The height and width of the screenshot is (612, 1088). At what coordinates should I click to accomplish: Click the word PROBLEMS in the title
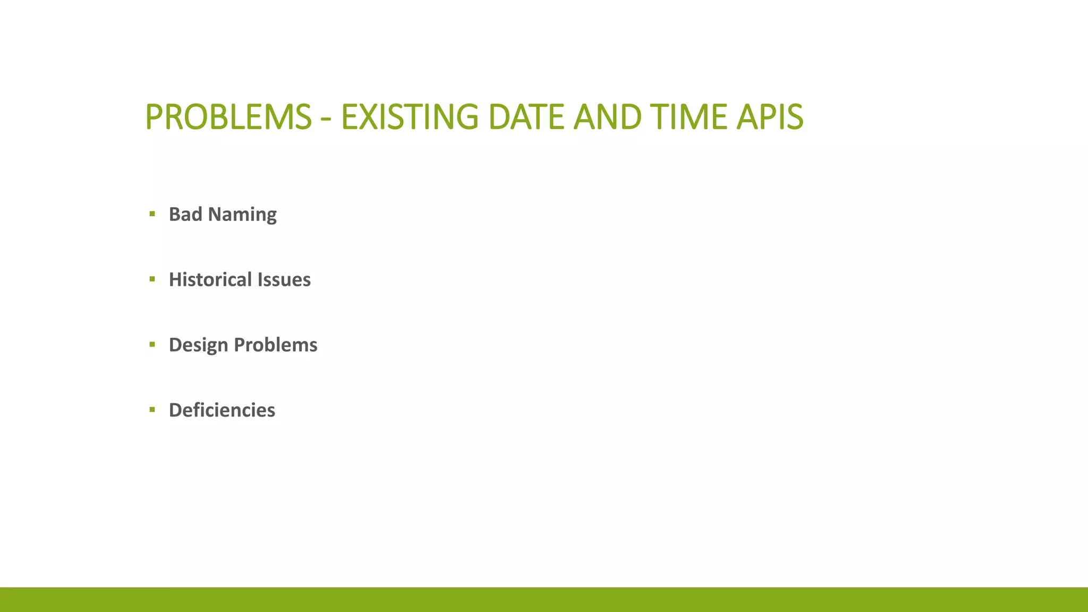click(x=228, y=117)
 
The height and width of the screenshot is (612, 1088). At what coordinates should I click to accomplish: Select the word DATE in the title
click(x=525, y=117)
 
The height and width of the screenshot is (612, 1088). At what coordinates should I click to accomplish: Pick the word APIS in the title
click(x=770, y=117)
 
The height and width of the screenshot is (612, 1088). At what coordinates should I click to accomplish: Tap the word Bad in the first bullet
click(x=185, y=214)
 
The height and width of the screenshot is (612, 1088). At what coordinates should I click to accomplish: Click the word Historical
click(x=210, y=279)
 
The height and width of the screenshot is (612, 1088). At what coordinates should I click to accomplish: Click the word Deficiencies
click(x=222, y=410)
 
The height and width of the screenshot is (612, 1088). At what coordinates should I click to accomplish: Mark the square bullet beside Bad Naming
click(x=152, y=214)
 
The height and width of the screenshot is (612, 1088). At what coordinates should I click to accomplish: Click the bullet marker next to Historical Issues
click(x=152, y=279)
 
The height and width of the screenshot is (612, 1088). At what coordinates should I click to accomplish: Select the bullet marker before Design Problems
click(x=152, y=345)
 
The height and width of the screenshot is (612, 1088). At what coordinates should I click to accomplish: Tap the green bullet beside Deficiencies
click(x=152, y=410)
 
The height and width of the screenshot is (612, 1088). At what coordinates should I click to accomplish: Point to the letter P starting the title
click(x=154, y=117)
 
